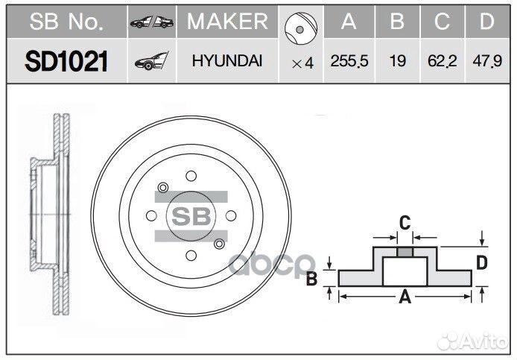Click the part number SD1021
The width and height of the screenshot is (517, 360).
click(67, 61)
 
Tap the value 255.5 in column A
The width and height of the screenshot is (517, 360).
click(349, 62)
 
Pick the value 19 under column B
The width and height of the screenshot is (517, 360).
click(398, 62)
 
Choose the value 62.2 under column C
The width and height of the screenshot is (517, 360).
click(443, 62)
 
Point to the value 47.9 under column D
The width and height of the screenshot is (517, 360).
click(486, 62)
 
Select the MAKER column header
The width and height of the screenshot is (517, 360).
click(226, 22)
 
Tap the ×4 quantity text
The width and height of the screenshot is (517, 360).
click(302, 63)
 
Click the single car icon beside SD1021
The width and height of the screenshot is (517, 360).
click(151, 62)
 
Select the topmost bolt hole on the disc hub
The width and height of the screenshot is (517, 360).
click(191, 176)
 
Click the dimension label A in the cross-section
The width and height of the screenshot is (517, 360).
click(405, 297)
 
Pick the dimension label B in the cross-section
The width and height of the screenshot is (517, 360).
click(312, 278)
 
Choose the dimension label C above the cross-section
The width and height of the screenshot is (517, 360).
click(405, 221)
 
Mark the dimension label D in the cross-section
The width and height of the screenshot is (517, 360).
click(482, 262)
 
